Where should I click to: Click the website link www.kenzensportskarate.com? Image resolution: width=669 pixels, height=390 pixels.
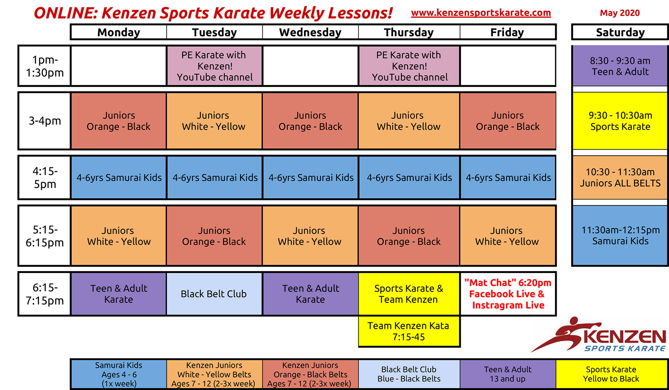click(481, 13)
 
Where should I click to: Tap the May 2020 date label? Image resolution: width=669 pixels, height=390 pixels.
click(620, 13)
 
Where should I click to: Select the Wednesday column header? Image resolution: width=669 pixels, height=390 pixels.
click(310, 32)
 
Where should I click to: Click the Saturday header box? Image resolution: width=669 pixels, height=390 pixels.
click(620, 32)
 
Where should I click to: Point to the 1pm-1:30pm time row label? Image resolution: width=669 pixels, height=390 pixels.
click(45, 66)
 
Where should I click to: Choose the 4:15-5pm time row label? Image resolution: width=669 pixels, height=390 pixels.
click(45, 178)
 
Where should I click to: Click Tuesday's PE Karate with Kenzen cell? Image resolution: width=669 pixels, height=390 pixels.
click(215, 66)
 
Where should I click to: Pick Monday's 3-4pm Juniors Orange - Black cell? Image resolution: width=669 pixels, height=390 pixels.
click(119, 121)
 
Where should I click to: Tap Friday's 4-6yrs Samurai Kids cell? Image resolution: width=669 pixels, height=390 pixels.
click(508, 178)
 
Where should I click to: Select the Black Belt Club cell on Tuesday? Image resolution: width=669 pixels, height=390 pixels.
click(214, 294)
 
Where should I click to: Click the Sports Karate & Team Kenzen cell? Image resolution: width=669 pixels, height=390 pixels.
click(408, 294)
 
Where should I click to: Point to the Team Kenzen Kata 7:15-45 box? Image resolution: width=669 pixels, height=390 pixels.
click(408, 331)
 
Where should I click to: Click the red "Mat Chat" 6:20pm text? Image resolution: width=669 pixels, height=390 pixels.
click(508, 283)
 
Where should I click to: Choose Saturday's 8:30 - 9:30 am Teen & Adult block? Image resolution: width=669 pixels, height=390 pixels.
click(620, 66)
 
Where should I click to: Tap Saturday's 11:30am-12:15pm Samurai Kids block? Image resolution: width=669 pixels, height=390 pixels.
click(620, 235)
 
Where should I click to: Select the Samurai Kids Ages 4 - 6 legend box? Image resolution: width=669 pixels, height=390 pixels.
click(119, 374)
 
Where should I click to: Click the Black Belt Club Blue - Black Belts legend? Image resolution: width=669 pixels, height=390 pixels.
click(409, 374)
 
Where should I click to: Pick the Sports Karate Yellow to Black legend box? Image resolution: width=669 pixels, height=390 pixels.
click(611, 374)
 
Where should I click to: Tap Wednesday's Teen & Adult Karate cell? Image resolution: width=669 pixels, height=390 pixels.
click(310, 294)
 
